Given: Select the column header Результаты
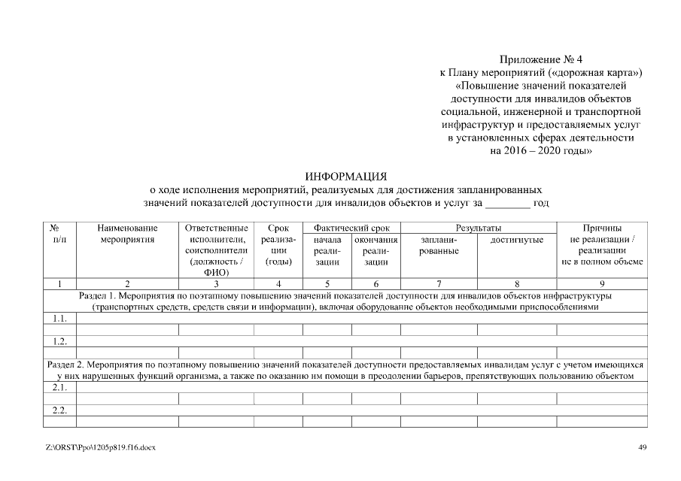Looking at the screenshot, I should [479, 228].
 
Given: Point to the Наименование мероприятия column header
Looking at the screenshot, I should [127, 234].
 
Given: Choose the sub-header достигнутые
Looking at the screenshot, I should [516, 239].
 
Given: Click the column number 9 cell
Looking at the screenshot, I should [601, 284].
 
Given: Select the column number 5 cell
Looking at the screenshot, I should [327, 284].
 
